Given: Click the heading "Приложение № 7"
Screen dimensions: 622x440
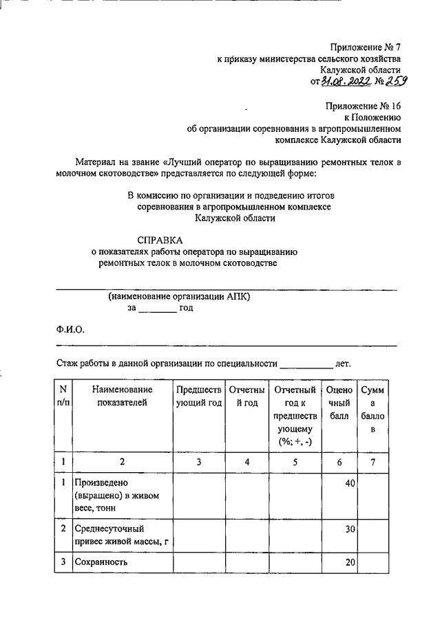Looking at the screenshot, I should [365, 47].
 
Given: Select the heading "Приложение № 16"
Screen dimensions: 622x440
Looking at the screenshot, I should [363, 106].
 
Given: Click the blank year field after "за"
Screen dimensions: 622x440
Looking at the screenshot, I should [158, 308].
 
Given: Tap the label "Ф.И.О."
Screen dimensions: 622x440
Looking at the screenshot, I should [70, 329].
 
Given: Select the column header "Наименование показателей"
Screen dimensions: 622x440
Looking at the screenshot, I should [121, 397].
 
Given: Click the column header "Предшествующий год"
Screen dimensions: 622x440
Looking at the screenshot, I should [198, 397].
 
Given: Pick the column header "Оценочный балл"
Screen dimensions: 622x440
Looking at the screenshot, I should [339, 403].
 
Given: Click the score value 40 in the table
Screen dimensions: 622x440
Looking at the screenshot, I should [349, 483].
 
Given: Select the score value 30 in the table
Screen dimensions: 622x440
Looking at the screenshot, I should [349, 529].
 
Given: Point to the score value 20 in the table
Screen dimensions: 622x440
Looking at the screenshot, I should [349, 562].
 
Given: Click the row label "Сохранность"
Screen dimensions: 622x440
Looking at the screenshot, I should [103, 562].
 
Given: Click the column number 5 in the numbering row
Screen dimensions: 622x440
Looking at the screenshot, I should [295, 463].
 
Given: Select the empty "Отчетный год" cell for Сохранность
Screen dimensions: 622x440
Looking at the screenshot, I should [247, 562].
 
